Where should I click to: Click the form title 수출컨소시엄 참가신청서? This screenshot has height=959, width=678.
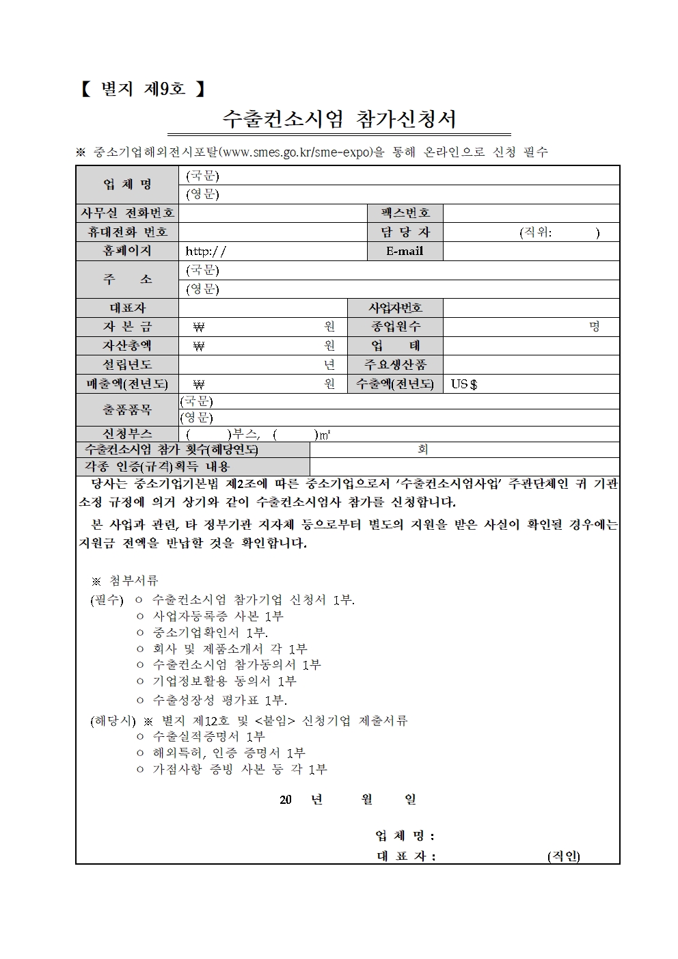pos(339,120)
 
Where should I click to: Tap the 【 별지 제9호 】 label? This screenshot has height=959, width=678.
pos(143,89)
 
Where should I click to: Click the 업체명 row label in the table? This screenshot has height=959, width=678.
pos(127,185)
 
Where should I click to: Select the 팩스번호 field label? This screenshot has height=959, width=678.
pos(405,213)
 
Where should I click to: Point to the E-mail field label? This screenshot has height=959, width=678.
pos(405,251)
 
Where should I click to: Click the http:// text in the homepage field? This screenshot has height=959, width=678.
pos(205,251)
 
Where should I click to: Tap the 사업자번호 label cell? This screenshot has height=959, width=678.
pos(395,308)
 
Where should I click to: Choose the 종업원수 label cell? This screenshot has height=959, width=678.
pos(395,327)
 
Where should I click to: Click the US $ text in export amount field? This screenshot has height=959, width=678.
pos(463,384)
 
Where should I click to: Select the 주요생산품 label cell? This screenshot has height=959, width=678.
pos(395,365)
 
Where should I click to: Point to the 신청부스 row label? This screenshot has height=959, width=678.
pos(127,433)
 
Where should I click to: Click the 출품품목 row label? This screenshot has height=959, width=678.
pos(127,409)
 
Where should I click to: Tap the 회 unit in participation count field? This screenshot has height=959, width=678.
pos(423,450)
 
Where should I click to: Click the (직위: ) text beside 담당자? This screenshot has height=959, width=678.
pos(559,232)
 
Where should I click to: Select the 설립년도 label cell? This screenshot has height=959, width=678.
pos(127,365)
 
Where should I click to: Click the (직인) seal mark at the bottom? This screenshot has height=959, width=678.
pos(563,856)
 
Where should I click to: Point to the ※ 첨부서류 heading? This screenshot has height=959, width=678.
pos(125,580)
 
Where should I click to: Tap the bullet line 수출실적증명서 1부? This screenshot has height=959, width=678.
pos(208,736)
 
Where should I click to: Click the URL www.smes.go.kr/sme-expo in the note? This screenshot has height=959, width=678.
pos(296,152)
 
